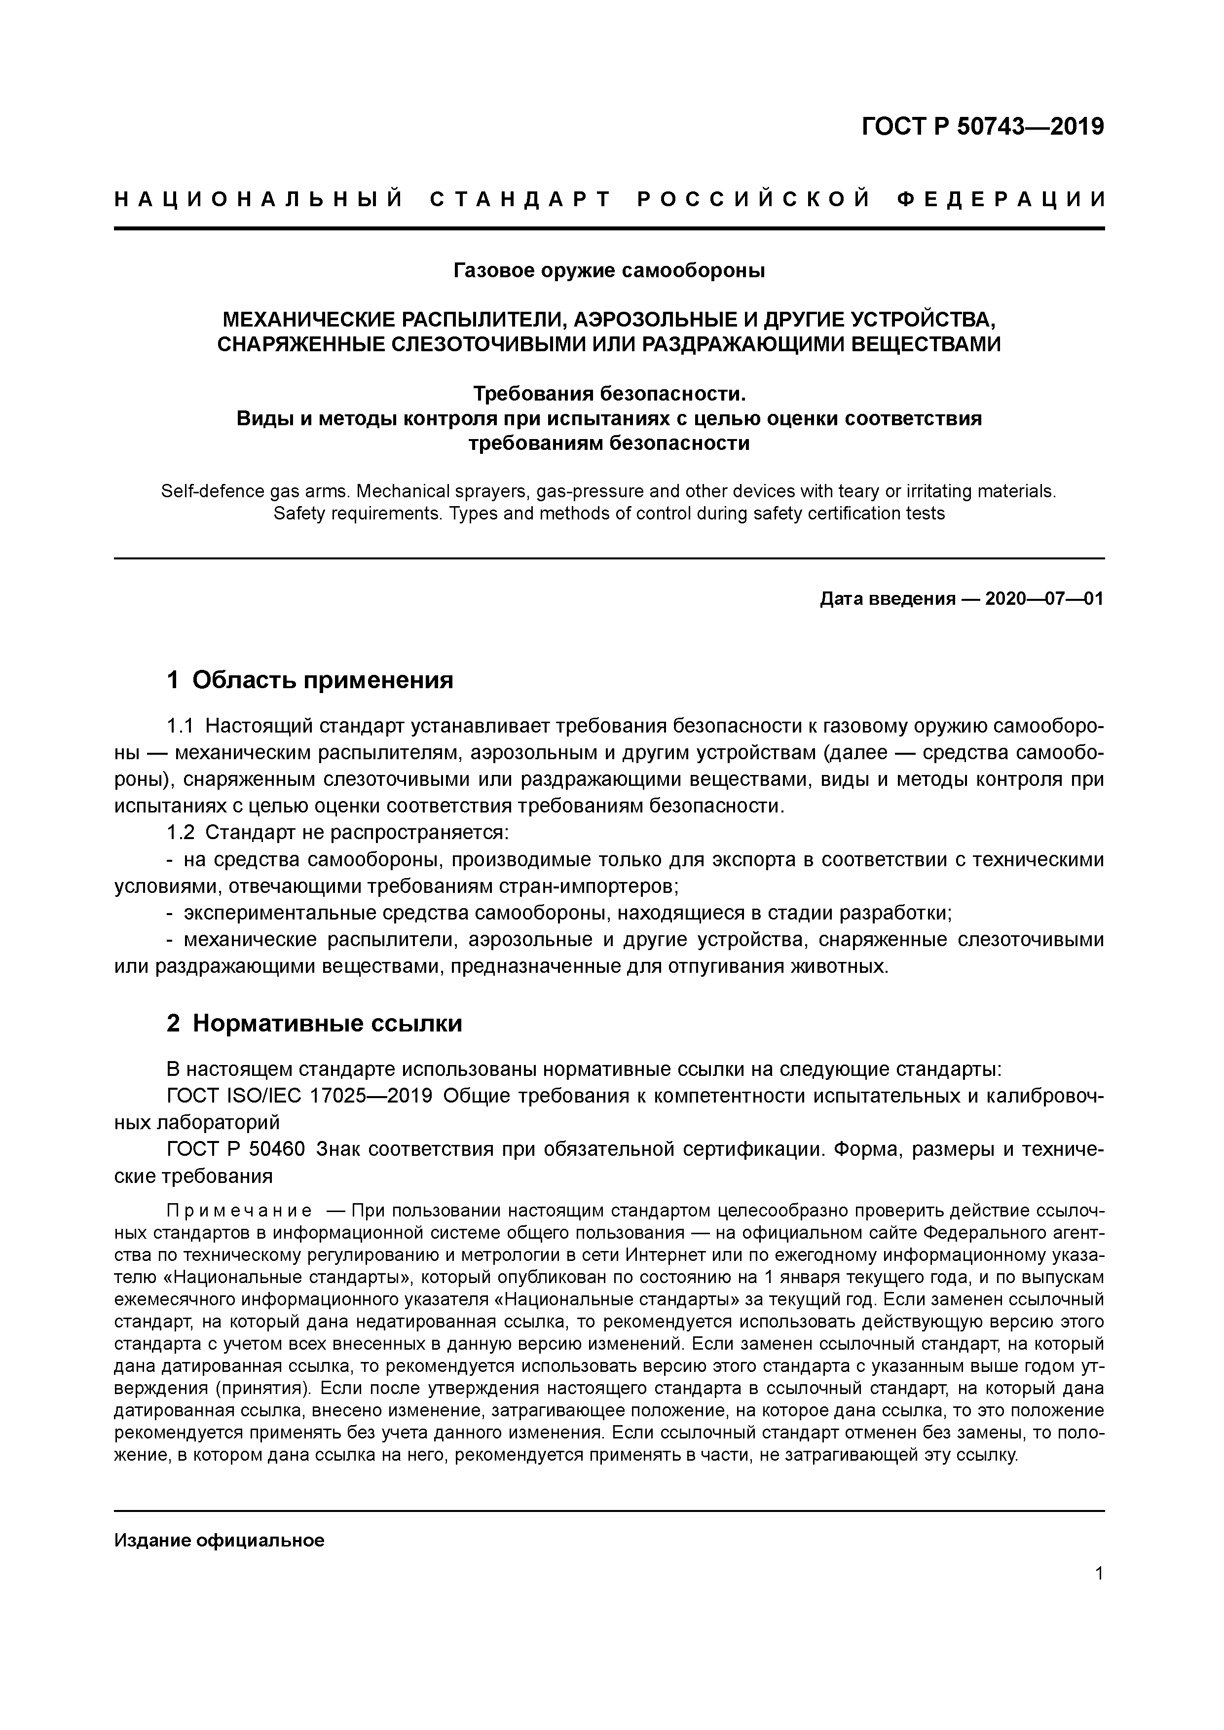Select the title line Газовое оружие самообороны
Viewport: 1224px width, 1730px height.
click(x=609, y=270)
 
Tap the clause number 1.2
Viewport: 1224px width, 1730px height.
click(x=180, y=833)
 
